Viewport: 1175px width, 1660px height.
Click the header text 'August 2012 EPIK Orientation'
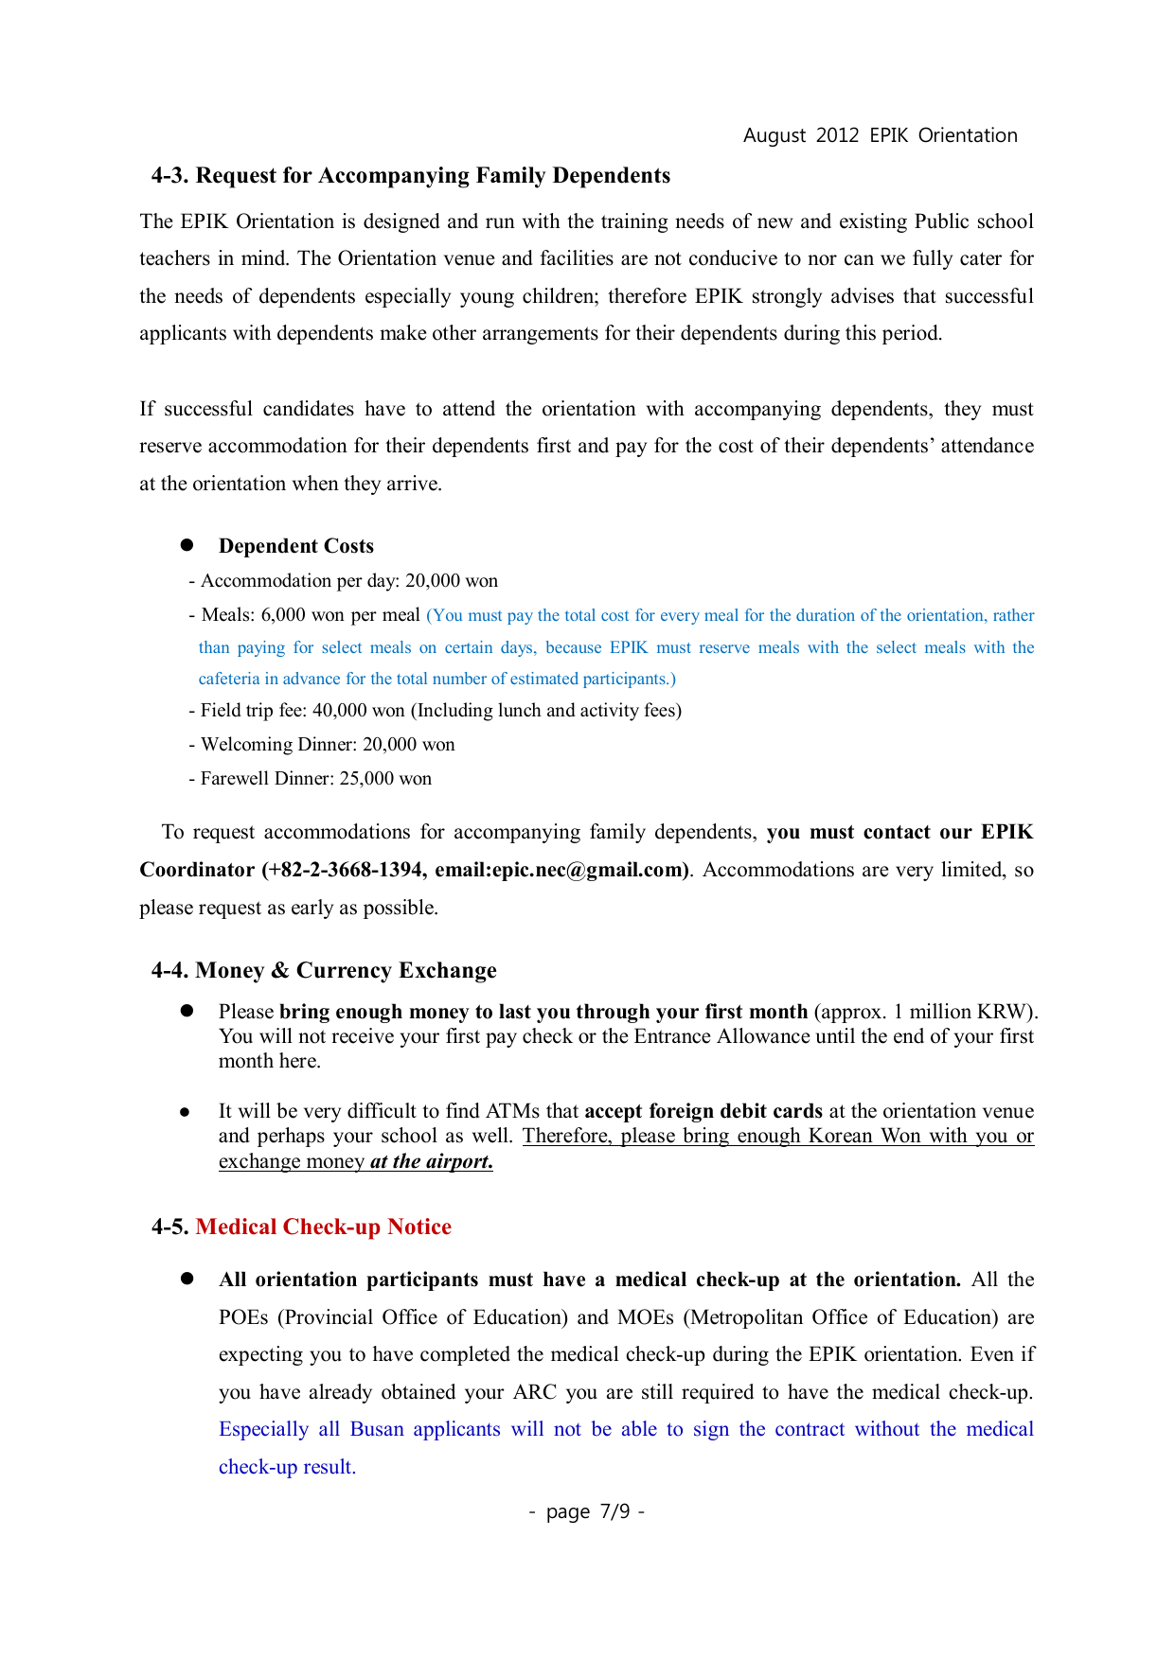[880, 135]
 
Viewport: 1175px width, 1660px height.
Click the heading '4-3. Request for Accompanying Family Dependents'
[411, 176]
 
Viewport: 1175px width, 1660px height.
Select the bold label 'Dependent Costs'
[295, 546]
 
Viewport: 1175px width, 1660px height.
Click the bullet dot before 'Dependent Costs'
[187, 545]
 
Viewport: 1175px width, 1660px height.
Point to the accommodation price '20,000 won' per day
[451, 581]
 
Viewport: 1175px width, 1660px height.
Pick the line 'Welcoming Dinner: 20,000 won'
[323, 745]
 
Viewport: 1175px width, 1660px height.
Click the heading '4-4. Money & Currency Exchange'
[324, 971]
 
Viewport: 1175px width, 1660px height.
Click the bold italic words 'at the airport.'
[431, 1161]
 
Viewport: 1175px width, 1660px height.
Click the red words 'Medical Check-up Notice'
[323, 1227]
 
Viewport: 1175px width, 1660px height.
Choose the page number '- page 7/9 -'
[587, 1511]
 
